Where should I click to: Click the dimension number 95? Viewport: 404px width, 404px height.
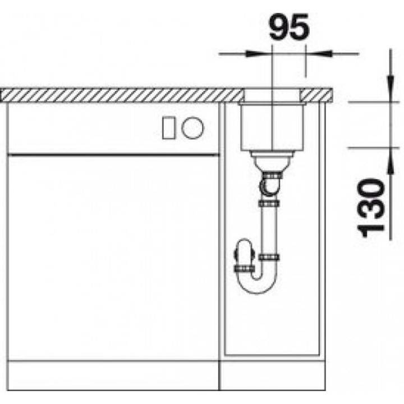288,26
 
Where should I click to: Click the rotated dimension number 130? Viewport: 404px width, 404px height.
370,208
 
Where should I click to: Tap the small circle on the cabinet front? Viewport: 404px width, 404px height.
192,128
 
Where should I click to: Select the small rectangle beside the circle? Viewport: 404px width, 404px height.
168,128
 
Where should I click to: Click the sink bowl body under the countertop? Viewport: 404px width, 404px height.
272,127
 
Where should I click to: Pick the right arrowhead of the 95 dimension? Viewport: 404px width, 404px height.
319,54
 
